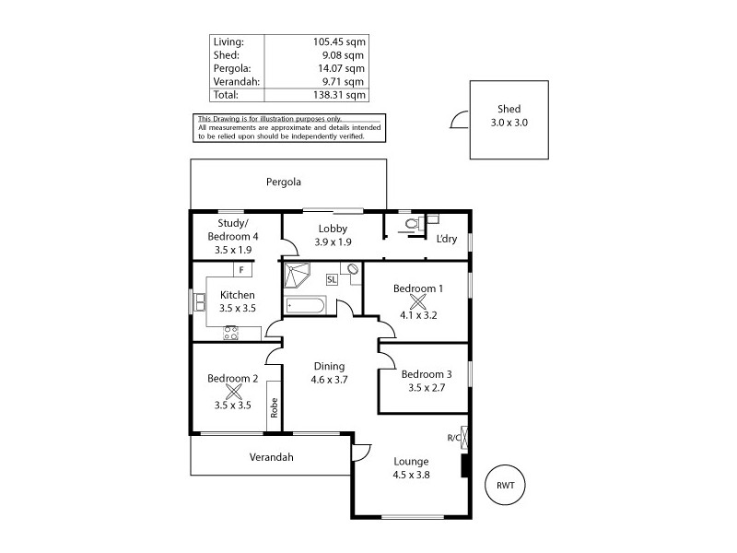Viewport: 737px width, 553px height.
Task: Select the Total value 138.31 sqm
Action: tap(341, 95)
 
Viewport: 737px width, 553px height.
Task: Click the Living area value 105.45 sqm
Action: tap(340, 42)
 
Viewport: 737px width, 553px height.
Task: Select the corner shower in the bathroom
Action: tap(297, 275)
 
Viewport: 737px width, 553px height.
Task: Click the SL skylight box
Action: tap(332, 278)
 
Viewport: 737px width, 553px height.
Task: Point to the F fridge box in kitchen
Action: tap(241, 270)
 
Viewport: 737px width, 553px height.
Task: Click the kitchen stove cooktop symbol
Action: tap(230, 334)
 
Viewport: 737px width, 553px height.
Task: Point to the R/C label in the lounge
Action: tap(452, 438)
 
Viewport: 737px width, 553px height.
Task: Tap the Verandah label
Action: tap(271, 457)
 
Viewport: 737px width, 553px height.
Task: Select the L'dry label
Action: tap(446, 240)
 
